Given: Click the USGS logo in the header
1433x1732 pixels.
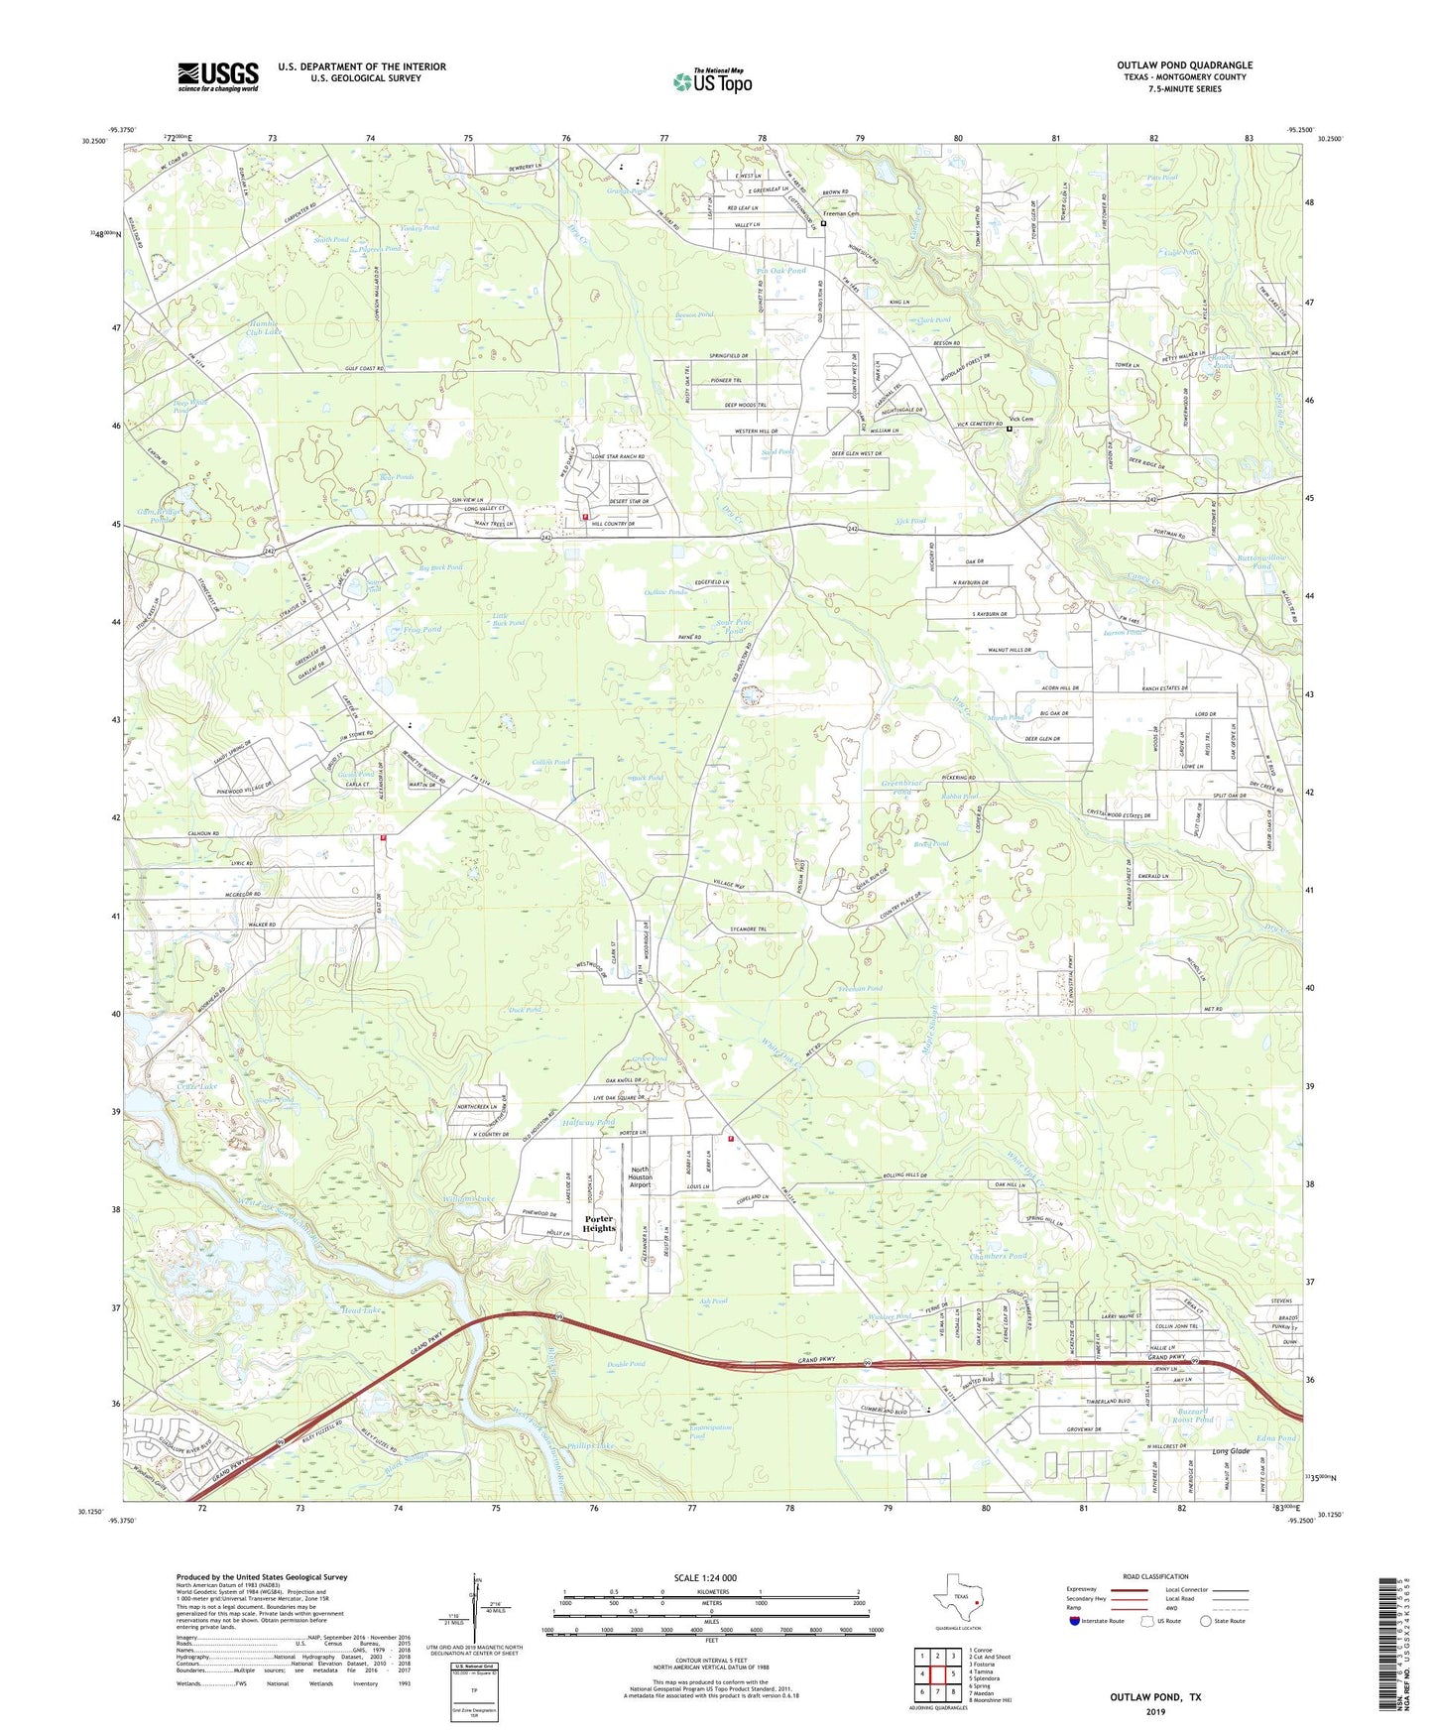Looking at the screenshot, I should coord(218,76).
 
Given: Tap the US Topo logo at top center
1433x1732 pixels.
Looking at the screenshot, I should coord(712,81).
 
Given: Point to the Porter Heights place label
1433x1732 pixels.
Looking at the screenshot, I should coord(599,1223).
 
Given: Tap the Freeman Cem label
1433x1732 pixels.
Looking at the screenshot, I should coord(845,213).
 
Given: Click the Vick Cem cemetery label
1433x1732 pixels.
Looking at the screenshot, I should coord(1021,419).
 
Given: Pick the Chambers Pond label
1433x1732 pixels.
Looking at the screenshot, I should coord(999,1255).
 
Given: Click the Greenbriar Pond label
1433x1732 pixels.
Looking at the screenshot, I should coord(901,788).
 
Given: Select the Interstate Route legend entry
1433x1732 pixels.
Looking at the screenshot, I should coord(1100,1621).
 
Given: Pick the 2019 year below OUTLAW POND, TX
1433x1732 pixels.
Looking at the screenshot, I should coord(1154,1712).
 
